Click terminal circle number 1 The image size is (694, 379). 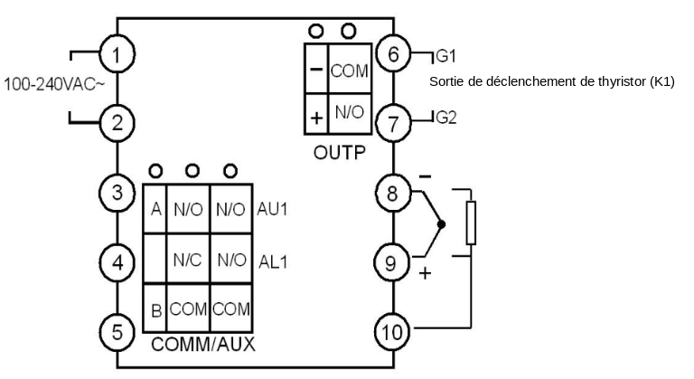(115, 56)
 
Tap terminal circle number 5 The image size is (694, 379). (115, 331)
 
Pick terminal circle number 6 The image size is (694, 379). (393, 54)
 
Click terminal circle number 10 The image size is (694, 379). (393, 331)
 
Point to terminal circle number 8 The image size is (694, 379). (393, 193)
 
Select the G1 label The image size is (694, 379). (446, 56)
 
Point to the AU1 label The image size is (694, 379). (274, 207)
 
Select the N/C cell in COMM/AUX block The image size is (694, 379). (186, 259)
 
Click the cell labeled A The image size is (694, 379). (155, 209)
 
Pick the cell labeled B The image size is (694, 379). (155, 310)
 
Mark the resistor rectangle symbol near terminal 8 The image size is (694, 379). (470, 223)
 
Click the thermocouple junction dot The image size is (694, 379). (440, 223)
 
